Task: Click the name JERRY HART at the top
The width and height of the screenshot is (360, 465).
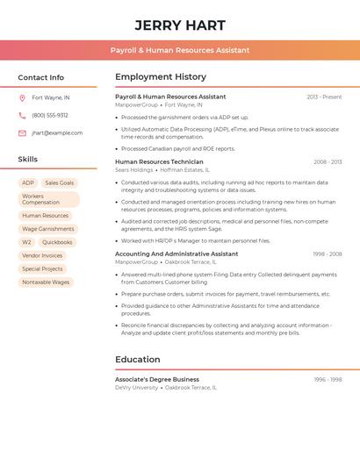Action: click(x=180, y=25)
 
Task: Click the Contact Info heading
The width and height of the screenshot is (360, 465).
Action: click(x=41, y=77)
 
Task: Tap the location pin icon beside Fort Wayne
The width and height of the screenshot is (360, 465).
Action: click(x=22, y=97)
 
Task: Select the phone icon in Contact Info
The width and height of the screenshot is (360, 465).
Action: click(x=22, y=115)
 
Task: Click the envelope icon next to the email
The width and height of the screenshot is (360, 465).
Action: click(x=22, y=133)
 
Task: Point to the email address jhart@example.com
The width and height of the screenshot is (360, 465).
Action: click(x=57, y=133)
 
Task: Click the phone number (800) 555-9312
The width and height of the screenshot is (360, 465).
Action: click(x=50, y=115)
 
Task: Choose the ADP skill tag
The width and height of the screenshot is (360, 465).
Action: click(x=28, y=182)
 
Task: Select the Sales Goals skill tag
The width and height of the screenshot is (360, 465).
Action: click(x=60, y=182)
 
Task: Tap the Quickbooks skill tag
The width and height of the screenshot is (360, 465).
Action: click(x=57, y=242)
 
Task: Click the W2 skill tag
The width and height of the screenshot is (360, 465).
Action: click(x=26, y=242)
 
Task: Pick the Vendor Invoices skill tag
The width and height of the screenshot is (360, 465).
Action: click(x=42, y=255)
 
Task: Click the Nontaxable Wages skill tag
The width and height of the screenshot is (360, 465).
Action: click(x=46, y=283)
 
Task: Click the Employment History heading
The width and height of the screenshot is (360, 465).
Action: click(x=161, y=77)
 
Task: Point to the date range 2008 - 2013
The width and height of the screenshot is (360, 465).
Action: click(x=328, y=162)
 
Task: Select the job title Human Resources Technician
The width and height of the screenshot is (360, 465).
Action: click(x=159, y=162)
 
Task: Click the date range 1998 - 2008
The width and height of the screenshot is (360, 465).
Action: click(x=328, y=254)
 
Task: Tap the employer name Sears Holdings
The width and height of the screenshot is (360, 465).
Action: click(x=133, y=169)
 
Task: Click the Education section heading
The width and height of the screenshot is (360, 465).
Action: click(x=138, y=359)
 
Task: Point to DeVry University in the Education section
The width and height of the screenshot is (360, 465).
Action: click(x=137, y=387)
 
